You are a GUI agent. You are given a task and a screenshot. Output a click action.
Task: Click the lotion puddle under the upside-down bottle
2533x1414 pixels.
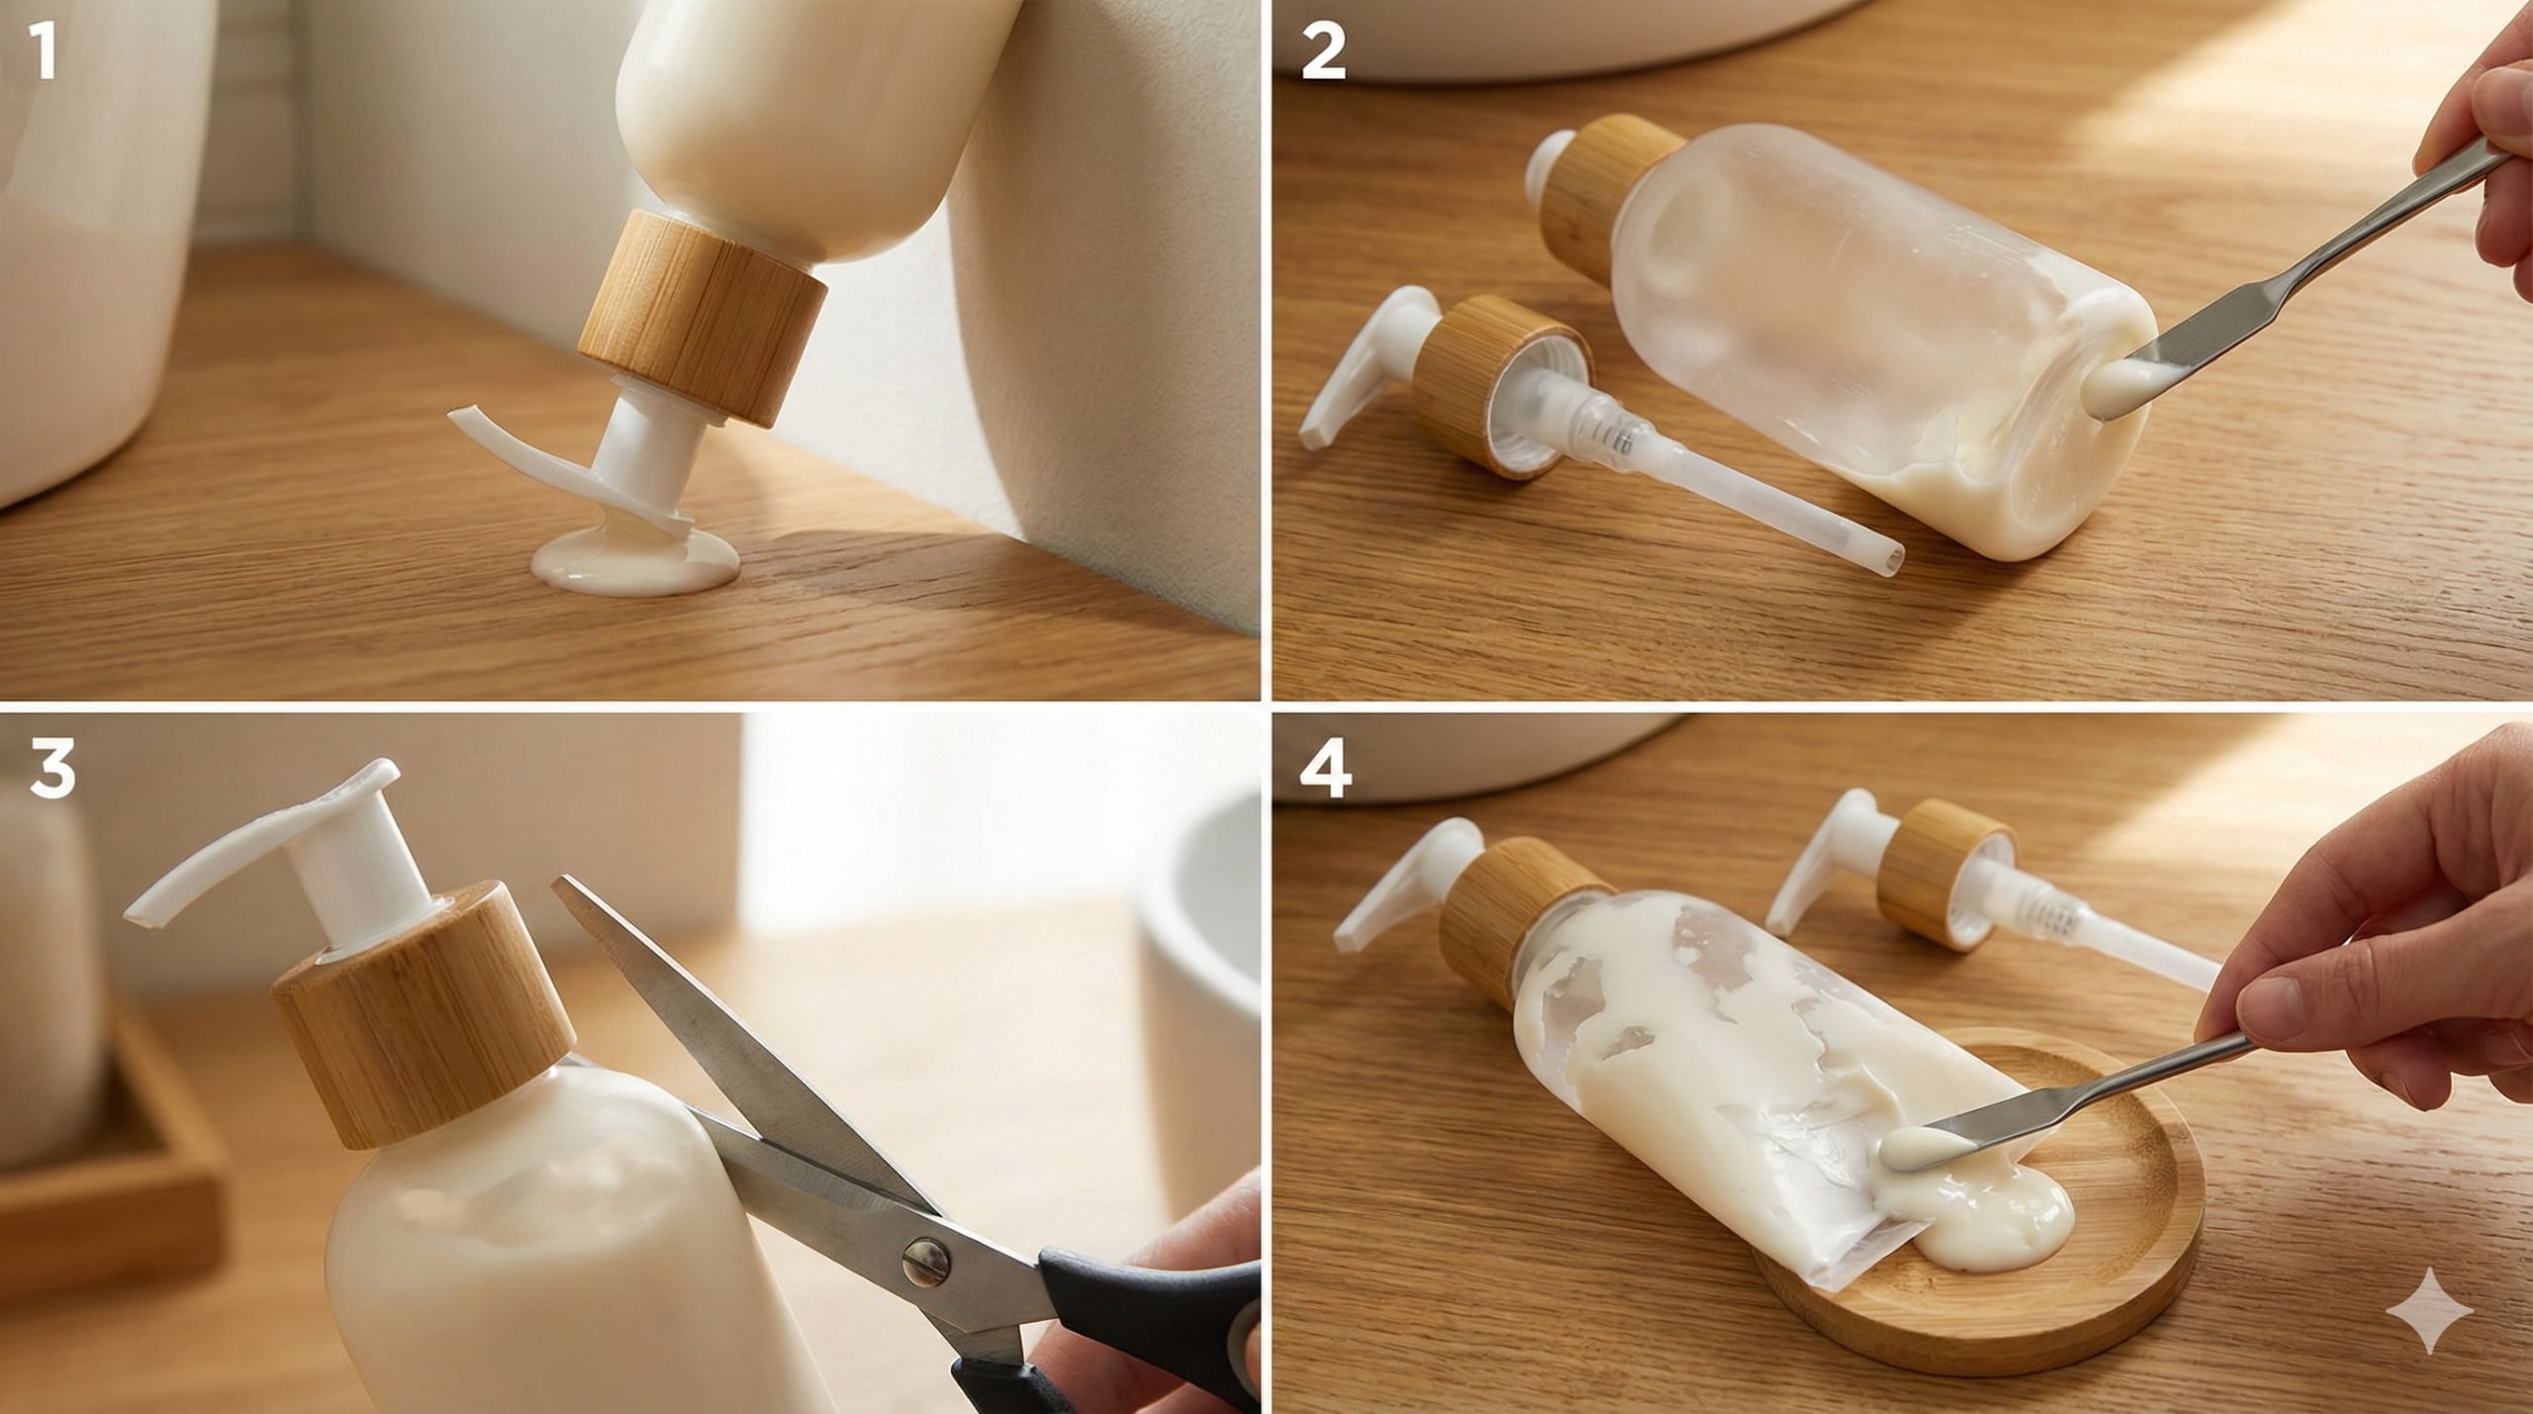(633, 566)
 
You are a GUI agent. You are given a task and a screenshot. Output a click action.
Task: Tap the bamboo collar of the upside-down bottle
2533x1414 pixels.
(703, 317)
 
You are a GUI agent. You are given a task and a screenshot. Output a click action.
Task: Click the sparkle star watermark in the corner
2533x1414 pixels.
(2429, 1309)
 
